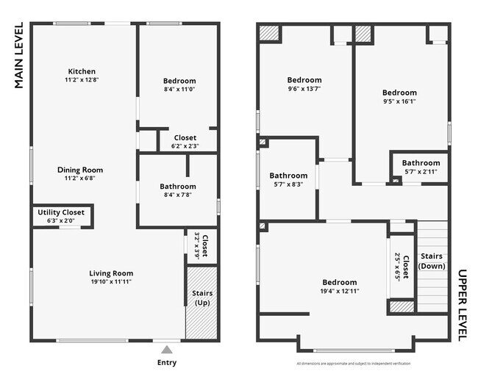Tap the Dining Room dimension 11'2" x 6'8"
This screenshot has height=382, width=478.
[x=80, y=178]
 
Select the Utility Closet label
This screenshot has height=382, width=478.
[x=61, y=212]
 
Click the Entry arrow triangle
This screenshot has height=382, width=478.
[x=167, y=349]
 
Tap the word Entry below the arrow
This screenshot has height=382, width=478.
[x=167, y=362]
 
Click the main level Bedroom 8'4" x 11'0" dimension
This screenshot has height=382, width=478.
[x=179, y=89]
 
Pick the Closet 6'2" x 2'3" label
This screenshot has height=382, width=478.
[x=185, y=137]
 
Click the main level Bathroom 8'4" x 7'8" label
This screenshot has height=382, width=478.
[x=178, y=187]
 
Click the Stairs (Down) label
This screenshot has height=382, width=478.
[x=431, y=261]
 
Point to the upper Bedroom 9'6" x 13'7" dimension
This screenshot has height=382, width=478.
[x=304, y=89]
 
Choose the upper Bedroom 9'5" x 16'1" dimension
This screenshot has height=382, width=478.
[x=399, y=101]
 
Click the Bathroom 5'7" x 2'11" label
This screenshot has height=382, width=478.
[x=421, y=163]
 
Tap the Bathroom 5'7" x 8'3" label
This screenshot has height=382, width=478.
[x=288, y=176]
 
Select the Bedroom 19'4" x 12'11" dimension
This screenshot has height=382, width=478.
[x=339, y=291]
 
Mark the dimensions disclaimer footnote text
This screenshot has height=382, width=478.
[x=354, y=364]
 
